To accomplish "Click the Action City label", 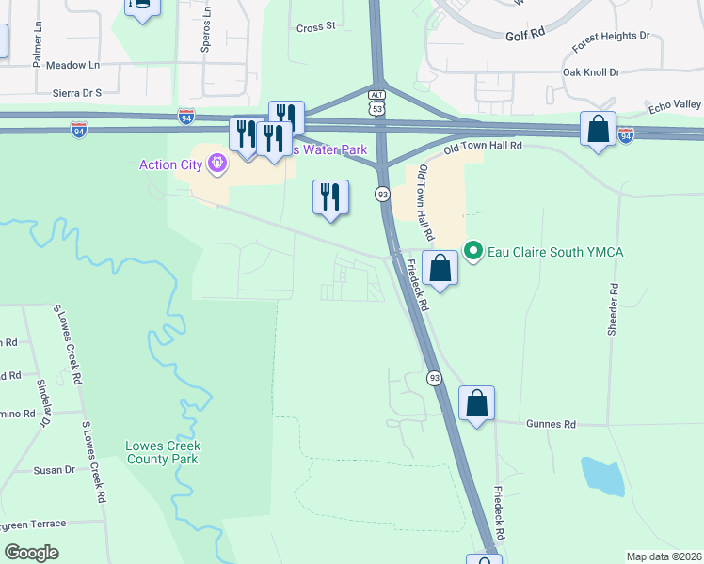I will pyautogui.click(x=171, y=165).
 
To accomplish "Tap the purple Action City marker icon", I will pyautogui.click(x=218, y=165).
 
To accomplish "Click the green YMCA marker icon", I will pyautogui.click(x=473, y=252).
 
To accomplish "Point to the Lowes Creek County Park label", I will pyautogui.click(x=162, y=452).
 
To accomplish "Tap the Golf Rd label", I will pyautogui.click(x=525, y=33).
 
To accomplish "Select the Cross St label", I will pyautogui.click(x=316, y=27).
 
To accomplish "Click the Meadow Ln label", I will pyautogui.click(x=72, y=65).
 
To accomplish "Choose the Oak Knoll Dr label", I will pyautogui.click(x=591, y=71).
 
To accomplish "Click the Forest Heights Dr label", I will pyautogui.click(x=611, y=39).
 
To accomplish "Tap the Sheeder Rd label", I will pyautogui.click(x=613, y=309).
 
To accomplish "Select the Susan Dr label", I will pyautogui.click(x=54, y=470).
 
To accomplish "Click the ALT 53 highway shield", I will pyautogui.click(x=376, y=102).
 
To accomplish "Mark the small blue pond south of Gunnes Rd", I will pyautogui.click(x=602, y=477).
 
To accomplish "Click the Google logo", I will pyautogui.click(x=32, y=553).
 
